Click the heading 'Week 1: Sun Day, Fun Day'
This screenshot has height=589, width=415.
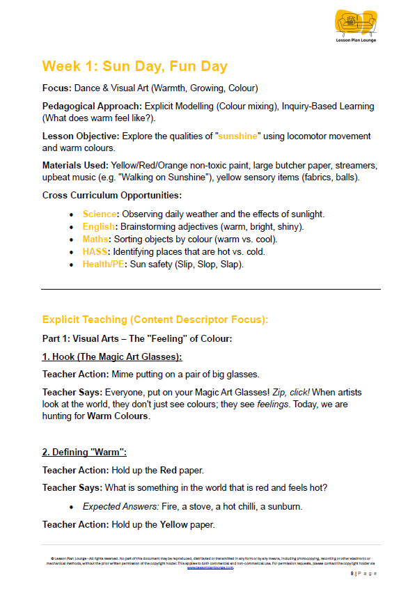[134, 66]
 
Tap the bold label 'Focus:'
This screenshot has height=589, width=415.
[57, 88]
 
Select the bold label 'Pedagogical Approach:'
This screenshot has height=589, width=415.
[92, 107]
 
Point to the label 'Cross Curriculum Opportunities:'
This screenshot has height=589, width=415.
[112, 196]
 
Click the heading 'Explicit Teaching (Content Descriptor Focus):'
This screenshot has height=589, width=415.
[155, 320]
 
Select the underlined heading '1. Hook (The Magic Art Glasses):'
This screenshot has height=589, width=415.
[111, 356]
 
